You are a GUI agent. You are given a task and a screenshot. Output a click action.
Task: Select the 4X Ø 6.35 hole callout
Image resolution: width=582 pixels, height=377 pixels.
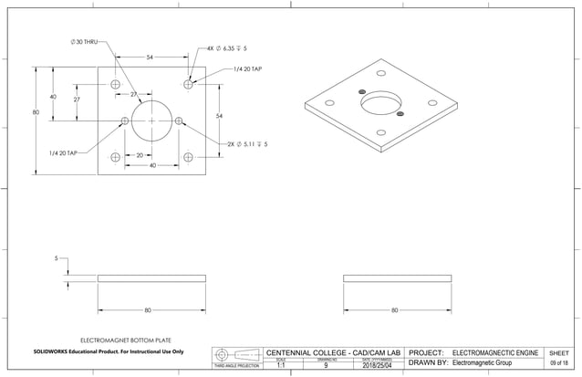(x=226, y=47)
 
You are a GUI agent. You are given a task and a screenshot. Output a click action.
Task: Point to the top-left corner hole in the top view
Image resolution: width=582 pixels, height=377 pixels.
(x=116, y=84)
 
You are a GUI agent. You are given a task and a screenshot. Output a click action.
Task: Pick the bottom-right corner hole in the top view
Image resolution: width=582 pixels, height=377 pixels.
(x=189, y=157)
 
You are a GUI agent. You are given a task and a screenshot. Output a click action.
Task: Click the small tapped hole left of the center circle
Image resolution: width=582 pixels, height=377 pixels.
(x=125, y=120)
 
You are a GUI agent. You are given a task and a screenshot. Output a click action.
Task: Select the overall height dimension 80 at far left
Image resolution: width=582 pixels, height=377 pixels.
(x=36, y=112)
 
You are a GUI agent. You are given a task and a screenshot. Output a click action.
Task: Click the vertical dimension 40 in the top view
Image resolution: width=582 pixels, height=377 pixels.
(x=54, y=97)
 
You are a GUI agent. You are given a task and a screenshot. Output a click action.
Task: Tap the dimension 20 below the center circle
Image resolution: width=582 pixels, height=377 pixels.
(x=139, y=155)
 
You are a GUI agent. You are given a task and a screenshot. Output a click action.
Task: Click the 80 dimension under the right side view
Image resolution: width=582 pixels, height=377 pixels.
(x=395, y=310)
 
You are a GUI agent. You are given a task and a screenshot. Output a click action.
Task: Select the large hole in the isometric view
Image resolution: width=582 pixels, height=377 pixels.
(x=383, y=102)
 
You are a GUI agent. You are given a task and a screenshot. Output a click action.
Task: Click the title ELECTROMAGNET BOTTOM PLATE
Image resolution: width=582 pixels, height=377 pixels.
(x=126, y=339)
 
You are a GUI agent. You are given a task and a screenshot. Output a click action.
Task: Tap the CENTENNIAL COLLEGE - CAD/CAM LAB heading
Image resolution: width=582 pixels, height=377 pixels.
(x=333, y=351)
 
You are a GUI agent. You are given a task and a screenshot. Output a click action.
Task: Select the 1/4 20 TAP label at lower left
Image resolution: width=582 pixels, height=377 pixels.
(x=63, y=152)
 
